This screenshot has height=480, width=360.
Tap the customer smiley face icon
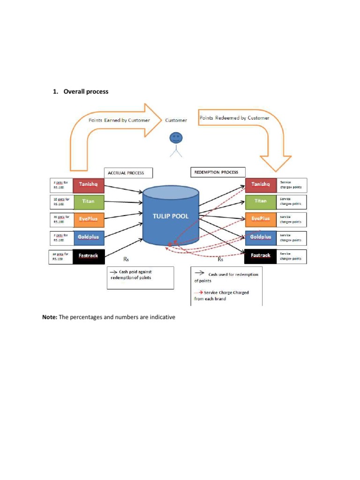[176, 138]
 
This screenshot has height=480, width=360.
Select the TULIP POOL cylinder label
[171, 217]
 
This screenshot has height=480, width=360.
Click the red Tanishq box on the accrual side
[88, 185]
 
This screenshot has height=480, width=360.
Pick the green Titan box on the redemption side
[261, 201]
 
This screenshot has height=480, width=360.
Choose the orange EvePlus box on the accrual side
[88, 219]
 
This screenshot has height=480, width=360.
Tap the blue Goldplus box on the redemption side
[261, 237]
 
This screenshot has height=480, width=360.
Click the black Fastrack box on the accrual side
[88, 256]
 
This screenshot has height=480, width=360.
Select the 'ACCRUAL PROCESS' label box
[126, 173]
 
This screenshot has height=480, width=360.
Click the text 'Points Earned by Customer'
[120, 120]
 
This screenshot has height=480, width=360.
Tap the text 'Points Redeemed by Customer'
[234, 118]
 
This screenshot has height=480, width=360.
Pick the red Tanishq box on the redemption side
[261, 184]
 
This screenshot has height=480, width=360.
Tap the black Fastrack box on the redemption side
[261, 256]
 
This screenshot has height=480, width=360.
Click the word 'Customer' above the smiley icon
[176, 120]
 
